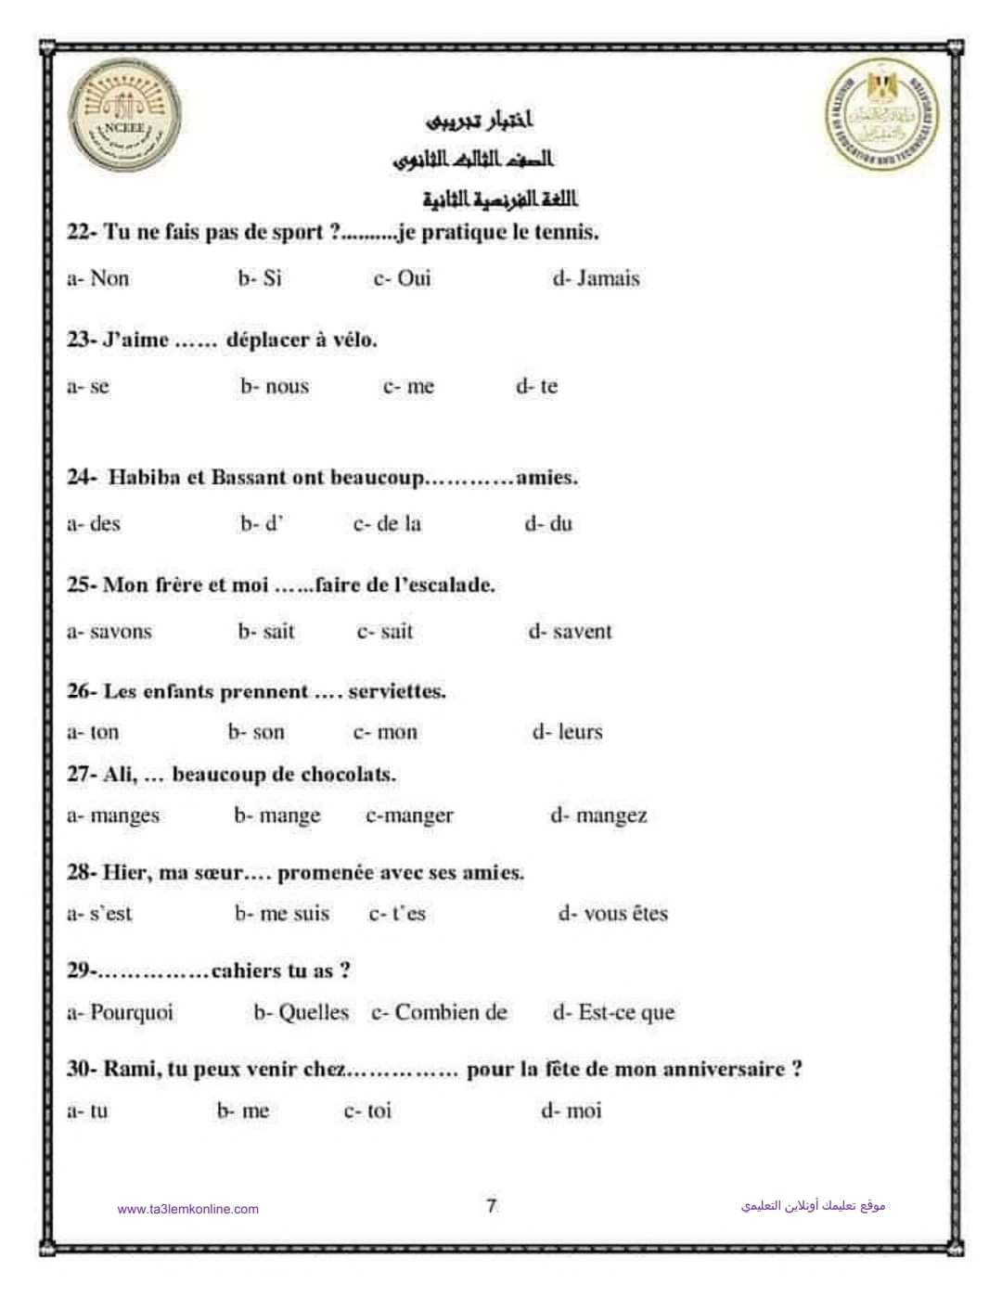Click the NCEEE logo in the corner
tap(125, 121)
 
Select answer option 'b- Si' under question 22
tap(260, 278)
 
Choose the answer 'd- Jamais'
tap(596, 278)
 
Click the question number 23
tap(80, 340)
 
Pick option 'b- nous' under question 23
tap(275, 386)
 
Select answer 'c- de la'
tap(387, 524)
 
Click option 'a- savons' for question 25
tap(109, 632)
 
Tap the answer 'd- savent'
tap(570, 632)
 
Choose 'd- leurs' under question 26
tap(567, 732)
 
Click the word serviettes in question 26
tap(396, 691)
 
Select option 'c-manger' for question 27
tap(409, 815)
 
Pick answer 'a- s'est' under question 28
tap(99, 914)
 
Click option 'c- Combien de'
tap(439, 1012)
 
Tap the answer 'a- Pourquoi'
tap(120, 1012)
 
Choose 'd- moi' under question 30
tap(571, 1110)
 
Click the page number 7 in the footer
tap(492, 1205)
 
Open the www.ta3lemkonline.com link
tap(188, 1209)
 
